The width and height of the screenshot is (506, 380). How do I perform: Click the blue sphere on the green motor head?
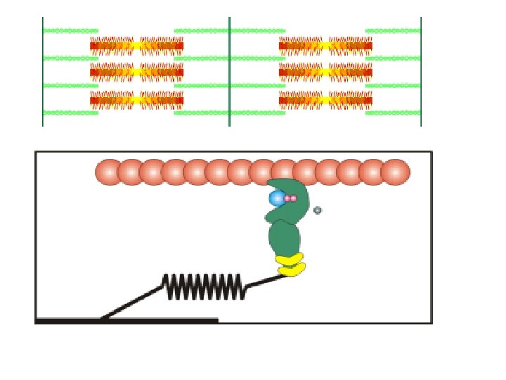(x=277, y=198)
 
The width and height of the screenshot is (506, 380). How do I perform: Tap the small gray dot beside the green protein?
(x=318, y=210)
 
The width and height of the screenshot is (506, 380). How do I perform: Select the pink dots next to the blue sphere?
(x=290, y=199)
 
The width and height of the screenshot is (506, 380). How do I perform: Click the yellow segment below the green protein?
(x=290, y=264)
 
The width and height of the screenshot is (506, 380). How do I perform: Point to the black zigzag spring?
(x=204, y=286)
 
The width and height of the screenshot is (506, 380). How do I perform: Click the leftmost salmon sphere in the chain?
(x=108, y=172)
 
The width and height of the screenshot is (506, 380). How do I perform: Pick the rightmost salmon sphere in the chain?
(x=396, y=172)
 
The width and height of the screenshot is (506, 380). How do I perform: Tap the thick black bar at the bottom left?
(x=126, y=321)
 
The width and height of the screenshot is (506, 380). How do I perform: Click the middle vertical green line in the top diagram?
(x=230, y=70)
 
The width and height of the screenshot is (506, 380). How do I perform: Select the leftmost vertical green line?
(x=43, y=70)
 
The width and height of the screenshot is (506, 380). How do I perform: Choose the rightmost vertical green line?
(x=421, y=70)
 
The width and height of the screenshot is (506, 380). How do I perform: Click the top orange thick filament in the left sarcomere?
(x=137, y=46)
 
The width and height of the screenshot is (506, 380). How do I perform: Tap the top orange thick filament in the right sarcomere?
(x=325, y=46)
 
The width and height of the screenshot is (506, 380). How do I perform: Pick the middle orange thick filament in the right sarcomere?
(x=325, y=72)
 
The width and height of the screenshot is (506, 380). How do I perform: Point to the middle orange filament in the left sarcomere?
(x=137, y=72)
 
